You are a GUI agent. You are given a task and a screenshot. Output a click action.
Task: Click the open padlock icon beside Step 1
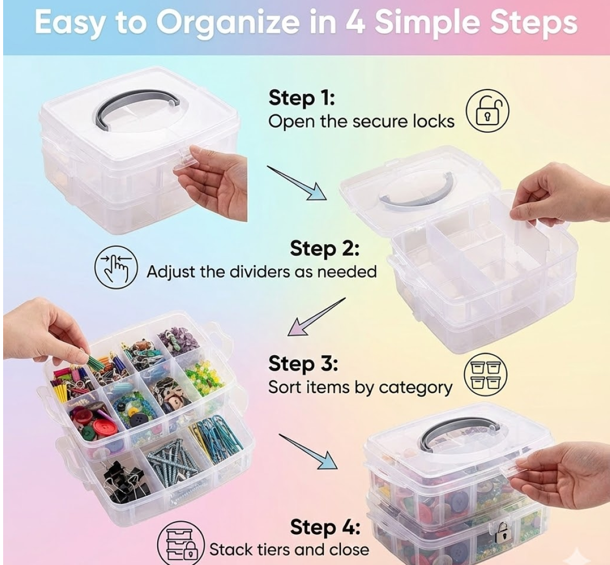click(x=487, y=110)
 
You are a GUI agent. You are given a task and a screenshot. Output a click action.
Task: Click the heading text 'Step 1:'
click(x=301, y=98)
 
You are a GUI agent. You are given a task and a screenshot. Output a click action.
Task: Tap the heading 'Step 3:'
click(x=303, y=364)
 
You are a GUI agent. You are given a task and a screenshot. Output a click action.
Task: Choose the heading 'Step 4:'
click(x=324, y=527)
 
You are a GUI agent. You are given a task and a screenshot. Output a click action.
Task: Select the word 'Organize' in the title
click(x=215, y=22)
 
